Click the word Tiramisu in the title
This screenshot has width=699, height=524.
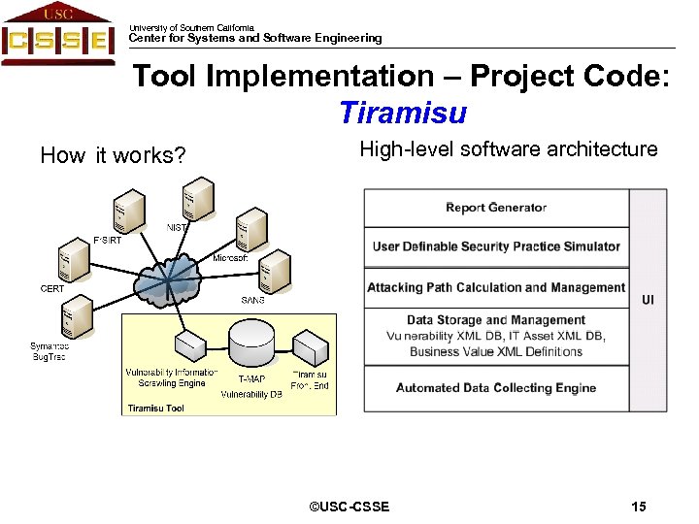(403, 114)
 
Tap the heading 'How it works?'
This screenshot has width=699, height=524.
(113, 155)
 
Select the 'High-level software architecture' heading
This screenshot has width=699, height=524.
(508, 149)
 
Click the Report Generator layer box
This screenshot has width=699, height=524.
(496, 208)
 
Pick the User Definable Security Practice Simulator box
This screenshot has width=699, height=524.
(496, 246)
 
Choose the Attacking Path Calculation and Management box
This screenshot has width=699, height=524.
(496, 288)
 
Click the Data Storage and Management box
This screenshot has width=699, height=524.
(496, 336)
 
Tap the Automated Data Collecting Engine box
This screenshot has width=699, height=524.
(496, 388)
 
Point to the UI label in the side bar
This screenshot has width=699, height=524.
(648, 300)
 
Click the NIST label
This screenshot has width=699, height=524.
(177, 228)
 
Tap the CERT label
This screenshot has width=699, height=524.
(52, 288)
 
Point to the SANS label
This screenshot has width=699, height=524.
(252, 300)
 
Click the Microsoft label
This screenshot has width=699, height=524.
(231, 258)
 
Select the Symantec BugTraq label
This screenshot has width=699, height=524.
(50, 351)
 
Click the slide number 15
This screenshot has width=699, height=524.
(638, 507)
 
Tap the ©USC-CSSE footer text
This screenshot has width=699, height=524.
(349, 507)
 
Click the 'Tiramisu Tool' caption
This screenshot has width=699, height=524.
(155, 409)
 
